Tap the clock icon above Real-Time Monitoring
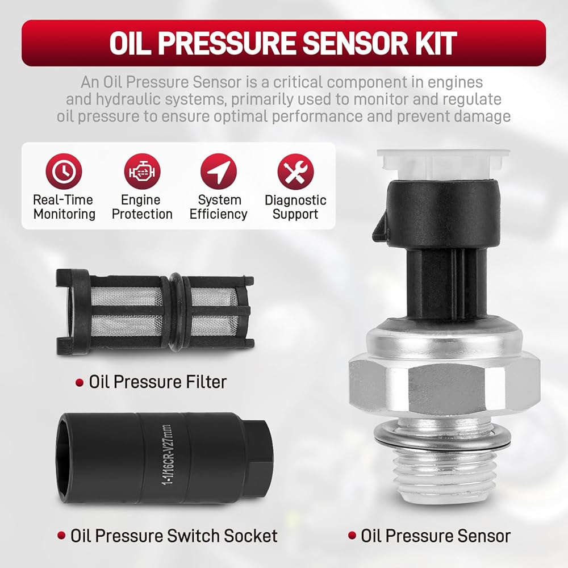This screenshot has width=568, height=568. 64,172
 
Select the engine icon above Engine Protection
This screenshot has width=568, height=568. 142,172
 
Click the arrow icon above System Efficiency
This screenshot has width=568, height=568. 219,172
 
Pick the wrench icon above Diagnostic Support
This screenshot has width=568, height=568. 295,172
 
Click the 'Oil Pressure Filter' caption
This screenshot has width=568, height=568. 158,382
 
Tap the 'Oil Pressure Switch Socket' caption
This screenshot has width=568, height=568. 174,536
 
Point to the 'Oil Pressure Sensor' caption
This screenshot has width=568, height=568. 436,536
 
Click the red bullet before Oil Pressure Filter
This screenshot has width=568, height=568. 80,383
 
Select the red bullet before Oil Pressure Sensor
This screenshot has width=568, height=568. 352,536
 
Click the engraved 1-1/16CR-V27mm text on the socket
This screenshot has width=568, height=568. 167,456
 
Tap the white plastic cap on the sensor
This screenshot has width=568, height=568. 442,164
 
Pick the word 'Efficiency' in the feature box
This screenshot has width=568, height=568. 219,214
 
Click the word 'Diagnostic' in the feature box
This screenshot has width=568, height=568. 295,200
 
